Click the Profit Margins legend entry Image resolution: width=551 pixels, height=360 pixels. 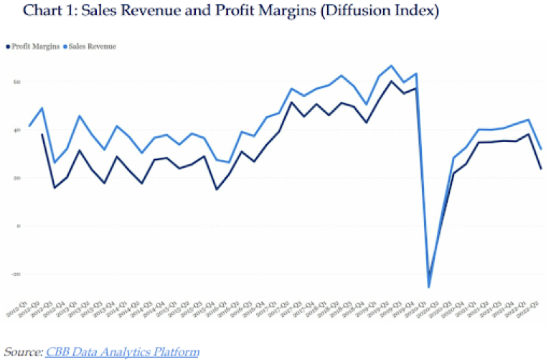[34, 47]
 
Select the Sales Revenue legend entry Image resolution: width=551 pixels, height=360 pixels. [91, 47]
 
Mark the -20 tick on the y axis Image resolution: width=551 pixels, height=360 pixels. [14, 274]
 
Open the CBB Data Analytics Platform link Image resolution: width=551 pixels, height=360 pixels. [123, 351]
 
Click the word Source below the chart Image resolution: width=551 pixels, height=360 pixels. [22, 351]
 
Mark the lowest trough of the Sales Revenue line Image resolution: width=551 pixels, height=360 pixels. [429, 287]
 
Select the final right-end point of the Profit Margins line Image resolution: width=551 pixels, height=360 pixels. [540, 169]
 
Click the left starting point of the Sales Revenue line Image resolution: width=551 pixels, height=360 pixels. [29, 126]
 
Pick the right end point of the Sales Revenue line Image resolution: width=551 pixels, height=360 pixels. [540, 149]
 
